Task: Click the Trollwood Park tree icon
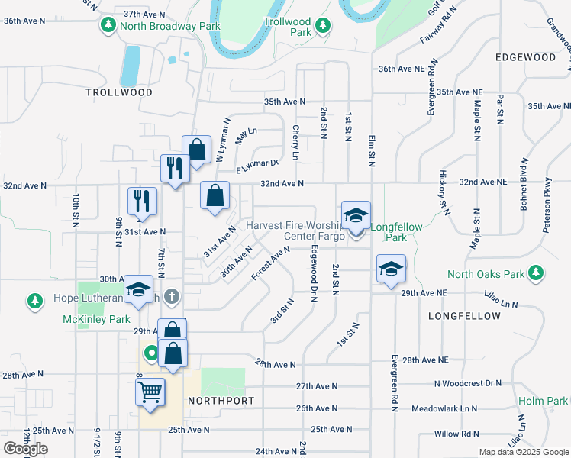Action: point(323,25)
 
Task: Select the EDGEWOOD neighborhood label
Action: point(525,57)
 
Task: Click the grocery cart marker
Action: point(150,392)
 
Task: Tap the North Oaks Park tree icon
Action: point(537,273)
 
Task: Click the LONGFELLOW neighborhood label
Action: point(464,315)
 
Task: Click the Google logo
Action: point(25,449)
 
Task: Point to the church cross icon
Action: point(173,296)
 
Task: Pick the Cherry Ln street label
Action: point(295,143)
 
